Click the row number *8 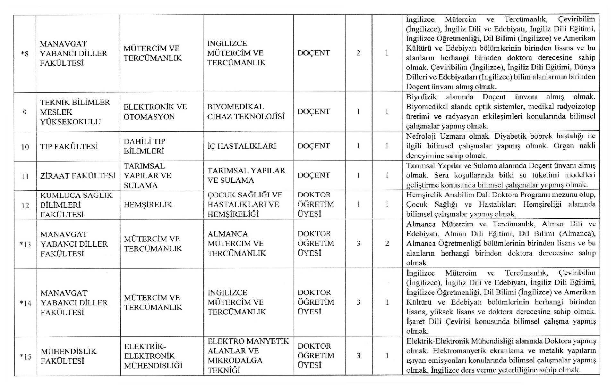coord(25,54)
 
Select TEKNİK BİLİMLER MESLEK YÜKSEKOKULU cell coord(75,112)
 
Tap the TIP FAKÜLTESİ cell coord(69,146)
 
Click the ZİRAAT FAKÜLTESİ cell coord(77,176)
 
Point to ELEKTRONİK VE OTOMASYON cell coord(155,112)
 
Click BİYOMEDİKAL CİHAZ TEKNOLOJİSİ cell coord(246,112)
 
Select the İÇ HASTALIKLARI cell coord(242,146)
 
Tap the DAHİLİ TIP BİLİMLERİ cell coord(144,146)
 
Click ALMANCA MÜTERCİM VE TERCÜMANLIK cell coord(237,244)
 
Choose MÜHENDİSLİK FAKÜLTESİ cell coord(68,356)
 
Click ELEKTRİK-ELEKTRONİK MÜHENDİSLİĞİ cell coord(153,356)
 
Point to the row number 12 coord(25,205)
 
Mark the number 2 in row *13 coord(387,244)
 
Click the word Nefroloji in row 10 coord(421,136)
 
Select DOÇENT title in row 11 coord(313,175)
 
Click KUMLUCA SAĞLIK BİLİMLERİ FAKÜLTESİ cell coord(76,205)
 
